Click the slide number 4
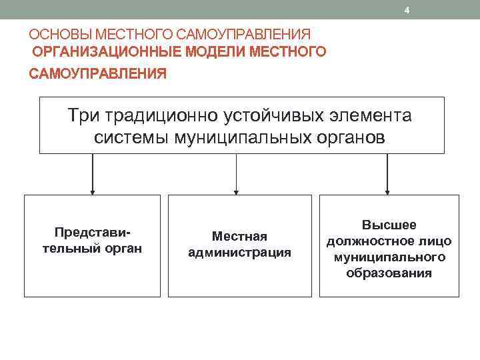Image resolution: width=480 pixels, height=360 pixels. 407,10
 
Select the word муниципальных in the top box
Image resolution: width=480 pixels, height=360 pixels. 239,138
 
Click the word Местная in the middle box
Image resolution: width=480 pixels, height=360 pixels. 239,237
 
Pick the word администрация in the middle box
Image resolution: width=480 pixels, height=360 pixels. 239,253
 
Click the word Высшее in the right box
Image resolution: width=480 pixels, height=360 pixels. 389,225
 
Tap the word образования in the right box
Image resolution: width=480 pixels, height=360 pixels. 389,273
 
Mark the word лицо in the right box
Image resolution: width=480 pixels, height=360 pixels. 433,241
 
